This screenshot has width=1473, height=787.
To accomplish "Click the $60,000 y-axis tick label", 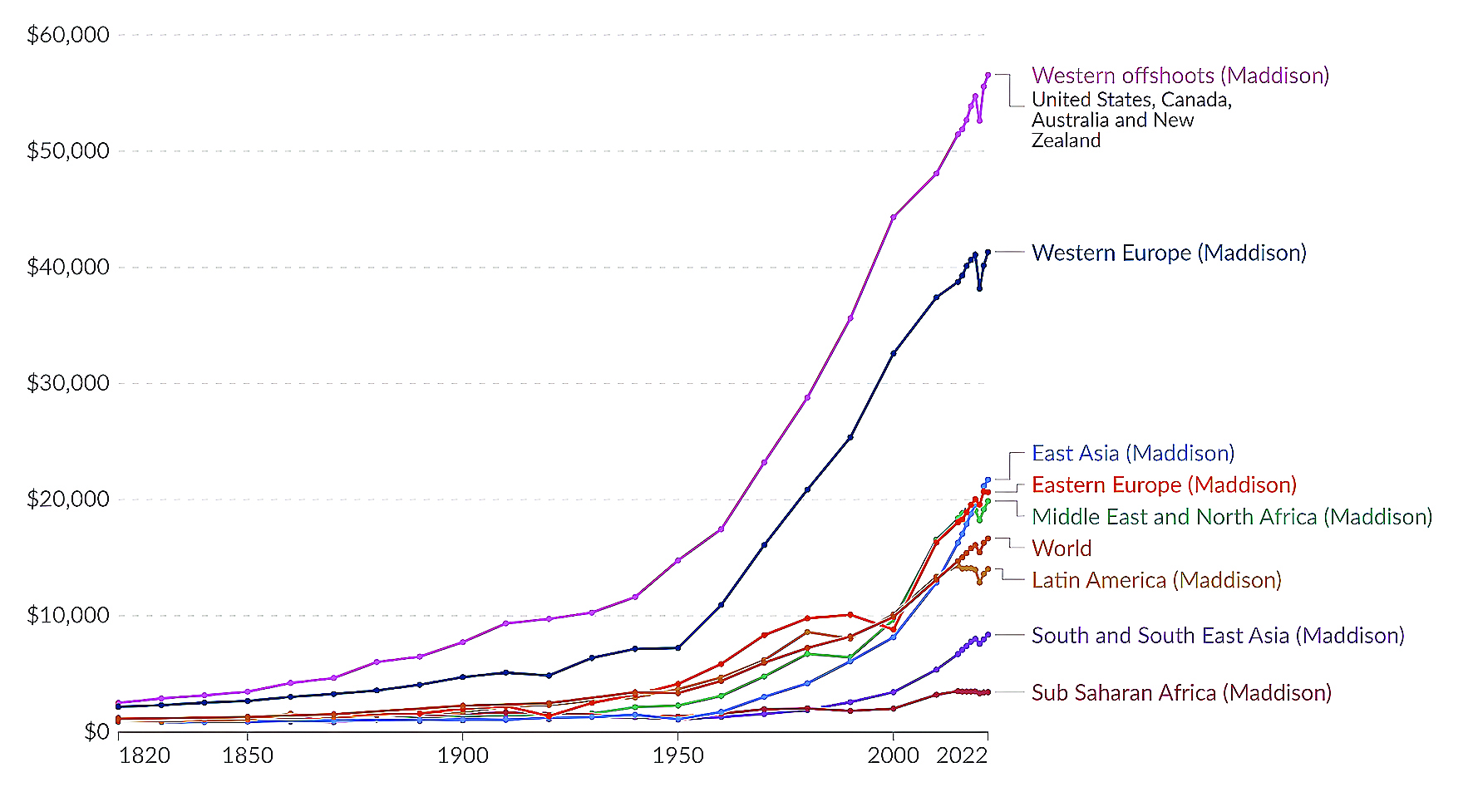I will [x=68, y=35].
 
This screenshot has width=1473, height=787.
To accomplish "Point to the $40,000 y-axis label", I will [x=68, y=267].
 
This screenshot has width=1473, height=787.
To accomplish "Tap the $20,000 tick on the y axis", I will [x=68, y=499].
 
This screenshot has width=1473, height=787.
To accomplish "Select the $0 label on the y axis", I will [x=96, y=731].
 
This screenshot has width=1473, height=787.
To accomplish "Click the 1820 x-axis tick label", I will [x=145, y=755].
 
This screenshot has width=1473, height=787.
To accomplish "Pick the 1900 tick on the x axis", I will [x=463, y=755].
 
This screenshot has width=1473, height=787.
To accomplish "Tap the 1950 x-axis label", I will [x=678, y=755].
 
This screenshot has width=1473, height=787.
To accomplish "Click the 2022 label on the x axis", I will [x=962, y=755].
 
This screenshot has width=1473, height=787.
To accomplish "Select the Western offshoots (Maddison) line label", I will [x=1180, y=76].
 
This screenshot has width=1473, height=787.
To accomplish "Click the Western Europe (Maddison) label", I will [x=1169, y=253].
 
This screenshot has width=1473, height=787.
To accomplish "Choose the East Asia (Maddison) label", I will [x=1133, y=453].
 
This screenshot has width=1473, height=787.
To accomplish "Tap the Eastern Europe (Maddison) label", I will [x=1164, y=484].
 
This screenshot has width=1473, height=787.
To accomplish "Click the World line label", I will [x=1062, y=548].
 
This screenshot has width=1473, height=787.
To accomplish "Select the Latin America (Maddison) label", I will [x=1156, y=580].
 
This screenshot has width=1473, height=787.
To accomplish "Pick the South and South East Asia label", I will [x=1218, y=636].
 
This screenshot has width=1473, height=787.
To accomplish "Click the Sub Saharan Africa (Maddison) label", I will [x=1181, y=693].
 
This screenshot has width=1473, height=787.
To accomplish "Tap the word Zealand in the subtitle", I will [x=1067, y=140].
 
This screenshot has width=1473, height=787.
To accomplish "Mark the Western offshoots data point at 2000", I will [x=894, y=217].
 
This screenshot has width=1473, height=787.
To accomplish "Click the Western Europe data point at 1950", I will [x=678, y=647].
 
